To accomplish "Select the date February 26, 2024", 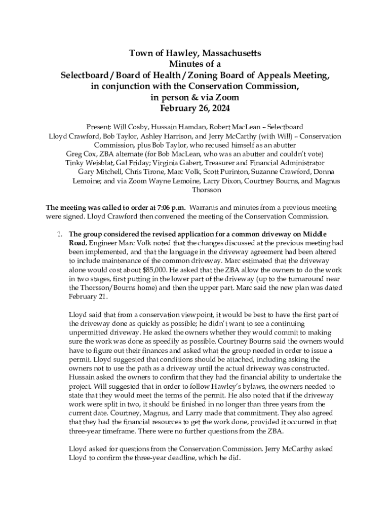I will [194, 108].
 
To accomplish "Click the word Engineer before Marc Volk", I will [104, 243].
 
